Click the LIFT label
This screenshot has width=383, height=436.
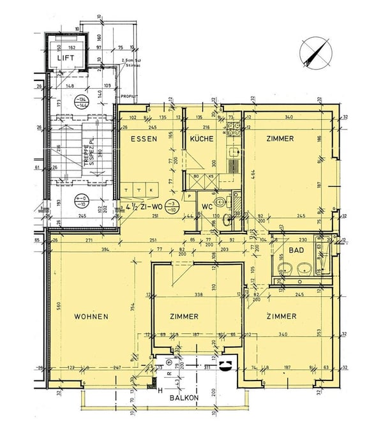65,58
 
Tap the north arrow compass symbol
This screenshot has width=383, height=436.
313,53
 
